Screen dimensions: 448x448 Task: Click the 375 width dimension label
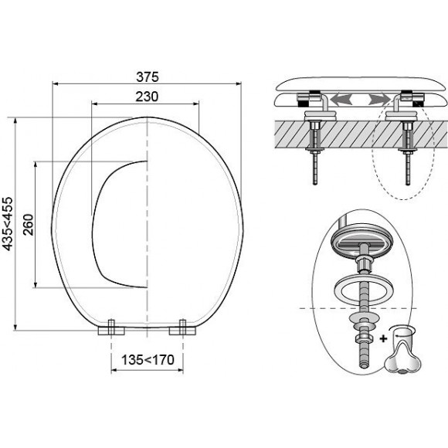coord(147,77)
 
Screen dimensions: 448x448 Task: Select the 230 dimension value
coord(147,97)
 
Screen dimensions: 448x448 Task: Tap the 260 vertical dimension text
coord(29,225)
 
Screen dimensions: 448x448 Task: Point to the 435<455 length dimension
coord(8,224)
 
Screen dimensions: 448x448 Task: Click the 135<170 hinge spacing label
coord(148,360)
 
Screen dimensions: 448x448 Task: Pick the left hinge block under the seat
coord(111,328)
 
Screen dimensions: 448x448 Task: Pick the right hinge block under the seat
coord(182,328)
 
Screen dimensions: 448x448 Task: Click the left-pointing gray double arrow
coord(341,100)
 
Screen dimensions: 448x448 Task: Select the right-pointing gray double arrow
coord(379,100)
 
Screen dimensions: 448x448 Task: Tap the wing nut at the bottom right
coord(403,354)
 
